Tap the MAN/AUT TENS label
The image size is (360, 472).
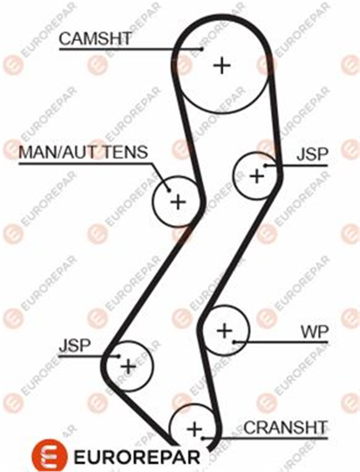(x=83, y=152)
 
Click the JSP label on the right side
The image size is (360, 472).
(x=313, y=154)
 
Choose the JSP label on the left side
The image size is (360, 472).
(x=74, y=345)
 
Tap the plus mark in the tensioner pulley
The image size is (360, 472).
(x=178, y=202)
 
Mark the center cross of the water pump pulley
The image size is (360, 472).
(x=225, y=331)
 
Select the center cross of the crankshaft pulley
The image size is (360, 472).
(x=195, y=429)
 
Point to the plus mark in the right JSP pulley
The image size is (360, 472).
(x=257, y=176)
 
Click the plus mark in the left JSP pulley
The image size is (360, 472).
(x=128, y=366)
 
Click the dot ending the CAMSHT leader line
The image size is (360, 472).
(x=202, y=49)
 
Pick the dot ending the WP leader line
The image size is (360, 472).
(x=235, y=342)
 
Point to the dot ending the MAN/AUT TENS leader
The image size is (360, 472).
(x=169, y=190)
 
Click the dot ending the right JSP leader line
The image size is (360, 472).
(x=265, y=165)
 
